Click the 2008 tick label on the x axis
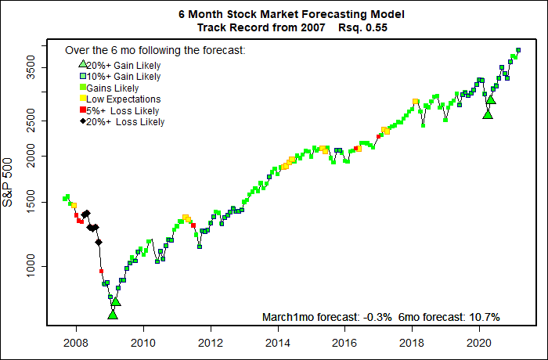tap(75, 341)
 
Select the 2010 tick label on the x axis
tap(142, 341)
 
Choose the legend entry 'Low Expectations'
tap(123, 99)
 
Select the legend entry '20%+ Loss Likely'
tap(125, 122)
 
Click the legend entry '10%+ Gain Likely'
tap(123, 77)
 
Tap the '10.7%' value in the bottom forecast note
tap(484, 317)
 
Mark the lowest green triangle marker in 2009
tap(113, 314)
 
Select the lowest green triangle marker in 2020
tap(488, 114)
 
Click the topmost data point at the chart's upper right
tap(518, 50)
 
